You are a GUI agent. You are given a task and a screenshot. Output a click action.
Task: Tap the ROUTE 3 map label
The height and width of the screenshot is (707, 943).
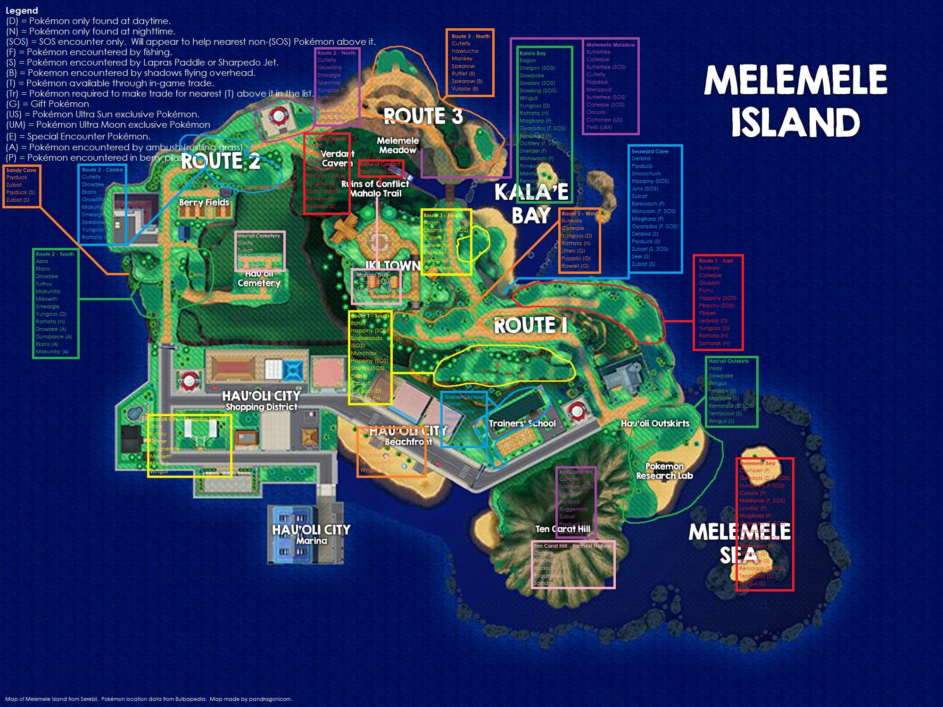[423, 116]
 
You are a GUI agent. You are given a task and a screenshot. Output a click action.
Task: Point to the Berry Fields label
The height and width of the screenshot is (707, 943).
[204, 203]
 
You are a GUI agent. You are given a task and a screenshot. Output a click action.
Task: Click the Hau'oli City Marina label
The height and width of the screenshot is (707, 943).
[311, 534]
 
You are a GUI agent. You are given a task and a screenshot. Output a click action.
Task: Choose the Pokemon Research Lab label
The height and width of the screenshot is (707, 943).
[664, 471]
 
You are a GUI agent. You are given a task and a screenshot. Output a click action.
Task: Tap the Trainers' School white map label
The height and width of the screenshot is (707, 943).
[522, 423]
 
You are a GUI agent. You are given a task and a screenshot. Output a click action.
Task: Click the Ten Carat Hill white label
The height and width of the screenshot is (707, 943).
[562, 529]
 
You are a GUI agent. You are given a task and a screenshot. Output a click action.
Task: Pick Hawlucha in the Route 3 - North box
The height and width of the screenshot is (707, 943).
[465, 51]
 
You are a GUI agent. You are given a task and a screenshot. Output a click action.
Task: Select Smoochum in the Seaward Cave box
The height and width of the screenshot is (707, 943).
[646, 173]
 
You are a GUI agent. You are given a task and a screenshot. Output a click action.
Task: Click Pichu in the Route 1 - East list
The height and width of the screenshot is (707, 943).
[706, 290]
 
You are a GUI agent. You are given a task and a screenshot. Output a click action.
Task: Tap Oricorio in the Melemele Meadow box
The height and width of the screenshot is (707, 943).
[596, 112]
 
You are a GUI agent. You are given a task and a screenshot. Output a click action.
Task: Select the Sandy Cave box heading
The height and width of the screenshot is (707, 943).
[21, 170]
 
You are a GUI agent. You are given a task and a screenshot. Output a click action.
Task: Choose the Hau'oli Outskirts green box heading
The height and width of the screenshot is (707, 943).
[728, 361]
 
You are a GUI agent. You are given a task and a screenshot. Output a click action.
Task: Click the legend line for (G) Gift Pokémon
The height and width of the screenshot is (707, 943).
[48, 104]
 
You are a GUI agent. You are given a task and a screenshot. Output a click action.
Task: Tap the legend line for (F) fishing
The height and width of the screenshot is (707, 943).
[89, 52]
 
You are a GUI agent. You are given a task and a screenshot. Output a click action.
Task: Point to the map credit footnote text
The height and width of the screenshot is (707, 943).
[149, 699]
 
